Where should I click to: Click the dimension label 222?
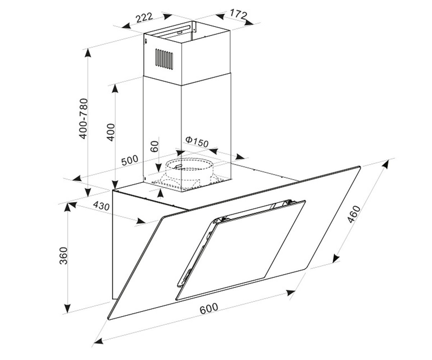144,17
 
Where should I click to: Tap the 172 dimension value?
238,14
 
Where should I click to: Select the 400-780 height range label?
84,118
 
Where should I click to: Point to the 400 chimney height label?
111,132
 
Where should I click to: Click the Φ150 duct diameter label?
197,142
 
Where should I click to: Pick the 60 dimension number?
154,146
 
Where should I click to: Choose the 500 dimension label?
130,160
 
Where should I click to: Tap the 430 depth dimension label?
101,206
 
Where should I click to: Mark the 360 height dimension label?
63,255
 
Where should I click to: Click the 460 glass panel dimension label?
354,214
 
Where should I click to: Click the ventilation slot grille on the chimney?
164,59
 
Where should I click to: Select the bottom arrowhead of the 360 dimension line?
67,308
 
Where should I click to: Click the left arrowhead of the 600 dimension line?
99,341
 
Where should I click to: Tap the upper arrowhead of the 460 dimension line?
385,164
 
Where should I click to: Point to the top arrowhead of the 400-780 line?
88,53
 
